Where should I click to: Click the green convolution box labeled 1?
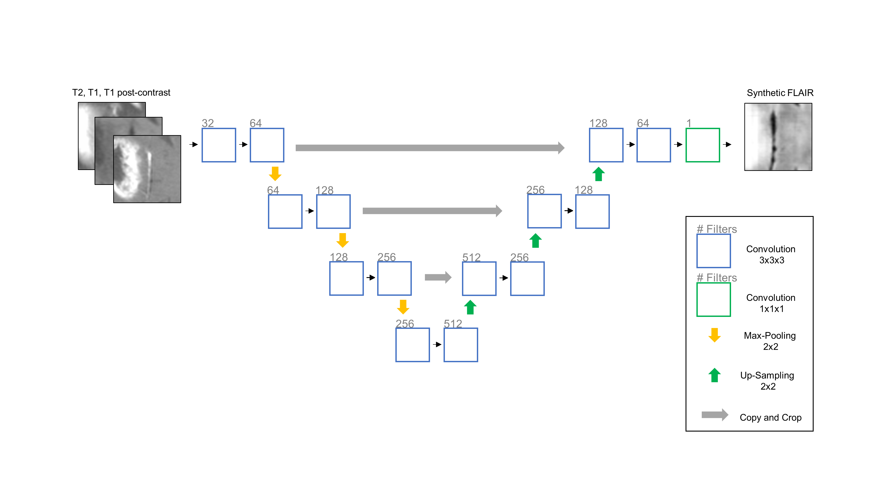tap(703, 145)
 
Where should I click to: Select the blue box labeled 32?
tap(218, 145)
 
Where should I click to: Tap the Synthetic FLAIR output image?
tap(778, 137)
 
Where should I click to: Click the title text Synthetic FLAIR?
tap(780, 93)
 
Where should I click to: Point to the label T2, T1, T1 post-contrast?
tap(121, 92)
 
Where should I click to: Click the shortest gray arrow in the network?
tap(438, 277)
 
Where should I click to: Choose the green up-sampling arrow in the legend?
tap(714, 375)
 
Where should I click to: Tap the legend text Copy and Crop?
tap(770, 418)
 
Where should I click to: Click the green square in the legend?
tap(713, 300)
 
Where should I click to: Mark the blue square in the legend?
tap(713, 251)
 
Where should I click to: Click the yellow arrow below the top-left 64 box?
tap(275, 174)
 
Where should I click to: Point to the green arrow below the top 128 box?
tap(599, 174)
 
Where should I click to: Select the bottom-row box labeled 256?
tap(412, 345)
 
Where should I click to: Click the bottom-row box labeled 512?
tap(461, 345)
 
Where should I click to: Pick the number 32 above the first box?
tap(208, 123)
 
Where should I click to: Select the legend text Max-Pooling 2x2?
tap(770, 341)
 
